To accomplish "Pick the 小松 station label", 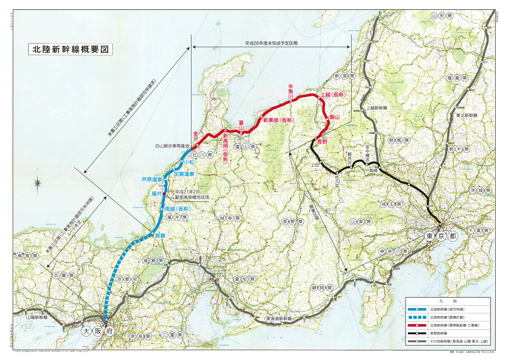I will (188, 162).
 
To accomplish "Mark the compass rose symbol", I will (38, 183).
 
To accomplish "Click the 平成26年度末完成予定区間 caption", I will (271, 44).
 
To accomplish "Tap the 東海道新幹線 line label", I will (279, 319).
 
